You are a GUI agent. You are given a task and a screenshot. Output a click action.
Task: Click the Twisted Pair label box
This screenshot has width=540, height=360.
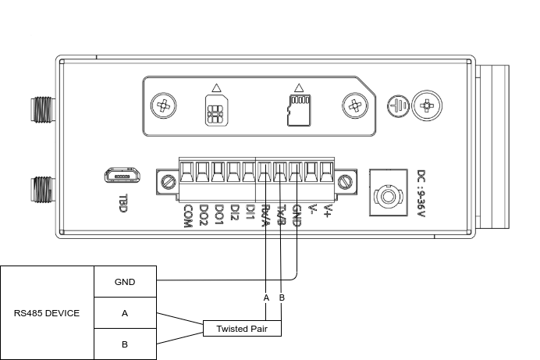coord(241,329)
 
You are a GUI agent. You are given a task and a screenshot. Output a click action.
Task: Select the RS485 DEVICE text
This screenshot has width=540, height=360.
coord(47,313)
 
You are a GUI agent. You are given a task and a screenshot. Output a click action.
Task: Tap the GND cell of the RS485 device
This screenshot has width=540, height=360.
coord(125,282)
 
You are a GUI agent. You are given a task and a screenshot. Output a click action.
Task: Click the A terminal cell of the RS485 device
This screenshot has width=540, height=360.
coord(125,313)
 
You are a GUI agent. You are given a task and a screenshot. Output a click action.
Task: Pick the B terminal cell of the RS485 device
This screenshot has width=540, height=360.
coord(125,344)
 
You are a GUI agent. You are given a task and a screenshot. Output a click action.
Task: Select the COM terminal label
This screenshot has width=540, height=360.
coord(187,215)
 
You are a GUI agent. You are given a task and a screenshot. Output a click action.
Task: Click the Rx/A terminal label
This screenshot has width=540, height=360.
coord(265,216)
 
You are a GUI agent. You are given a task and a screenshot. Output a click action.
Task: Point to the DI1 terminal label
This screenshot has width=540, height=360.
coord(250,212)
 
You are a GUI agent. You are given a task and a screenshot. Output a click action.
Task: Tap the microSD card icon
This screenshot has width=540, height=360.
coord(297,110)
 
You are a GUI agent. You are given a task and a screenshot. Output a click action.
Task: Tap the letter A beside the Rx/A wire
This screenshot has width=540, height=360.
coord(266,298)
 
